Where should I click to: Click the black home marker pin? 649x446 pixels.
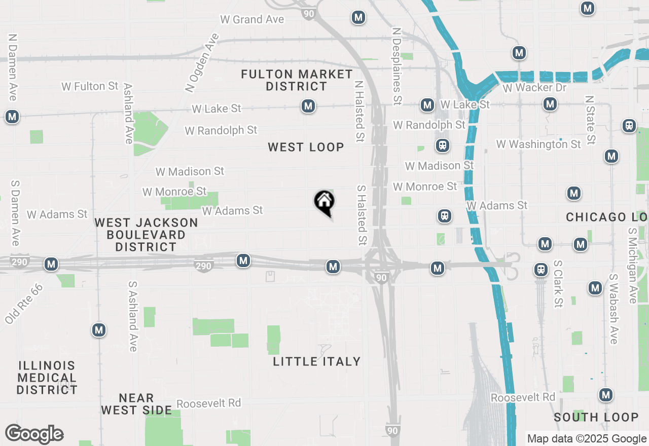coord(324,203)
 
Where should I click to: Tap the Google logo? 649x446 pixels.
coord(34,434)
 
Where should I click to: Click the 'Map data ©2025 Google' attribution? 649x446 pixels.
coord(587,439)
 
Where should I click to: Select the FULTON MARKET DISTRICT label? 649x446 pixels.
coord(297,80)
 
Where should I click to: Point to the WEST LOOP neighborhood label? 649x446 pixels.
coord(306,147)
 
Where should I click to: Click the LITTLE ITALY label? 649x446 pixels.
coord(317,361)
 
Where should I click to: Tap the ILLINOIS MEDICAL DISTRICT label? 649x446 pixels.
coord(47,378)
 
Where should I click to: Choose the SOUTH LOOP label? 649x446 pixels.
coord(596,417)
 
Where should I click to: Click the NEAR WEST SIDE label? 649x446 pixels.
coord(136,404)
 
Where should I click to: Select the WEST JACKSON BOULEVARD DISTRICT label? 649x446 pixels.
coord(146,235)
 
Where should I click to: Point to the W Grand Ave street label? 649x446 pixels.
coord(252,20)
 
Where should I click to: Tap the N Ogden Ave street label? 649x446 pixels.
coord(202,63)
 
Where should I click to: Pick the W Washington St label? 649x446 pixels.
coord(538,144)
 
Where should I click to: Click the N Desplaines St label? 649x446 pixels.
coord(396,63)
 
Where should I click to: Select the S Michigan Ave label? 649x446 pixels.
coord(632,265)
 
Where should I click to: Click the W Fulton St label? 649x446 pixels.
coord(90,87)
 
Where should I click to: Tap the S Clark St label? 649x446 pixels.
coord(558,284)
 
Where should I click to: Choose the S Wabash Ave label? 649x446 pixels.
coord(614,309)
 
